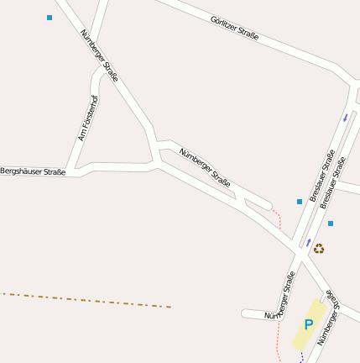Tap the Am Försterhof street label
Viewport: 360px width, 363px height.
(87, 118)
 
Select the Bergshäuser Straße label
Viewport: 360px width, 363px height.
(33, 171)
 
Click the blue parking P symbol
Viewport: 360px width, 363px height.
(308, 324)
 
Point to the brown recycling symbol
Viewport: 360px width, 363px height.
(319, 248)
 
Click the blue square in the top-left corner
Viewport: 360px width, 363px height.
(50, 18)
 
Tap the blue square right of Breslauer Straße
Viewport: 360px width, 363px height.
(331, 224)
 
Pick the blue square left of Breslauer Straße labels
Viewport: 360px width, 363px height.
(299, 202)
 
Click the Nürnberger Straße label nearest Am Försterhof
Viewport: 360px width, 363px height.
(100, 55)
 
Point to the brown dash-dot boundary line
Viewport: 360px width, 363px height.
(84, 300)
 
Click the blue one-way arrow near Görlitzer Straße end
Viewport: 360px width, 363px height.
(346, 118)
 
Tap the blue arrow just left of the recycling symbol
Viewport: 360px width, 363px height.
(308, 241)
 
